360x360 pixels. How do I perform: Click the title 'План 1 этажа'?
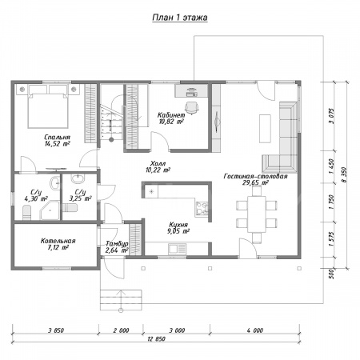tap(180, 18)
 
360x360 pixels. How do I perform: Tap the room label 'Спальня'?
tap(57, 137)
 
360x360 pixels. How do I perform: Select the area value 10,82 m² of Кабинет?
tap(171, 122)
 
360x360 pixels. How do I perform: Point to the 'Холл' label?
tap(158, 163)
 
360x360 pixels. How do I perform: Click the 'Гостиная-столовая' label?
tap(255, 176)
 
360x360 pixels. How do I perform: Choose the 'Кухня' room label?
tap(178, 225)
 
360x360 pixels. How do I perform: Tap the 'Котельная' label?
tap(58, 241)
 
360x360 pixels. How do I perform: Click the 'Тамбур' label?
tap(117, 244)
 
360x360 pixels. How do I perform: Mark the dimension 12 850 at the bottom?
tap(156, 339)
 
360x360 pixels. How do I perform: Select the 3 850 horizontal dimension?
tap(56, 330)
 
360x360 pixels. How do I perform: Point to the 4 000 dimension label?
tap(255, 330)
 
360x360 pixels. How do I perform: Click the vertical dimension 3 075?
tap(331, 116)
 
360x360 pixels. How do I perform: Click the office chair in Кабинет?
tap(192, 107)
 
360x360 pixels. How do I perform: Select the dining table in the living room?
tap(257, 214)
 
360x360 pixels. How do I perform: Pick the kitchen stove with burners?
tap(202, 209)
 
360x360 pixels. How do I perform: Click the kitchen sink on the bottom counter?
tap(177, 249)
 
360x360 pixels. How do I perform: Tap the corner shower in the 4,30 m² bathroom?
tap(50, 210)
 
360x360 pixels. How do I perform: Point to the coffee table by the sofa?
tap(265, 128)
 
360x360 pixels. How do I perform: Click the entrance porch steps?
tap(121, 300)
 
